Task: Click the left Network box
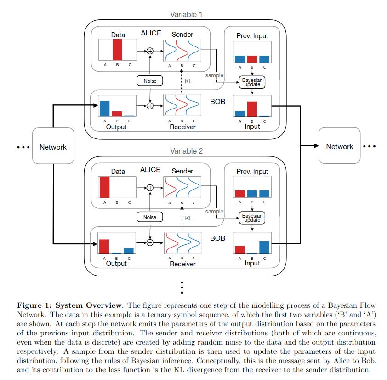tap(53, 147)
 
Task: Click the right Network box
tap(340, 146)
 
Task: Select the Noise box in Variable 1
tap(150, 81)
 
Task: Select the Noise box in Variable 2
tap(150, 217)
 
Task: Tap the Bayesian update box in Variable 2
tap(252, 218)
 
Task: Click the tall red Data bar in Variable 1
tap(117, 50)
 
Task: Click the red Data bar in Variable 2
tap(105, 186)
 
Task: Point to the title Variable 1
tap(186, 14)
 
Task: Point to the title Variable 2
tap(186, 151)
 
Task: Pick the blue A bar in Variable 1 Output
tap(105, 109)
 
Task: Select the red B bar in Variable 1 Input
tap(252, 109)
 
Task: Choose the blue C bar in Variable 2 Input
tap(264, 247)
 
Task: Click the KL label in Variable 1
tap(188, 81)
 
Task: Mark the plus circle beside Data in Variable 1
tap(150, 51)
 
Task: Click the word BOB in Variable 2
tap(217, 238)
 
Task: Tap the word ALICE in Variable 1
tap(150, 33)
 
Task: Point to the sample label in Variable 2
tap(214, 212)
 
